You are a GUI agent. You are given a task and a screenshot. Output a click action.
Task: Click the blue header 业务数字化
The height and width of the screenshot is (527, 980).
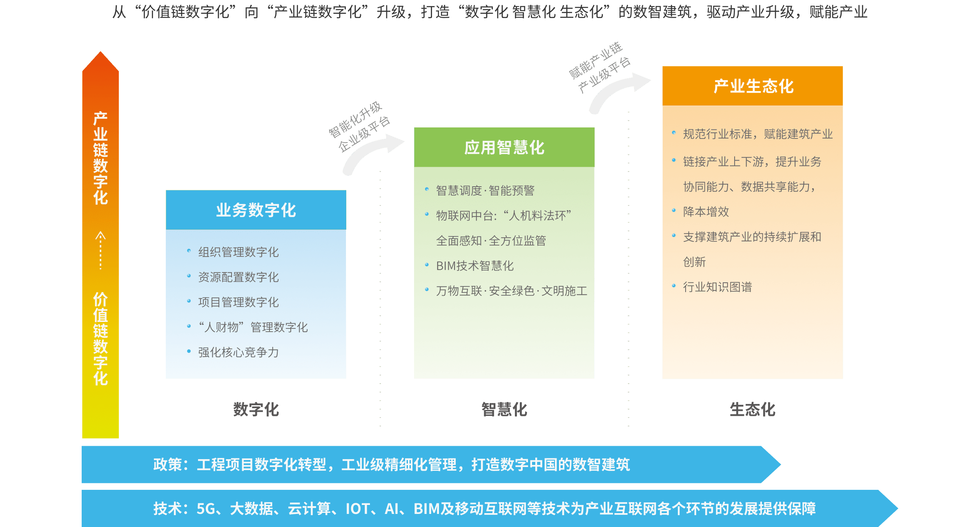coord(256,210)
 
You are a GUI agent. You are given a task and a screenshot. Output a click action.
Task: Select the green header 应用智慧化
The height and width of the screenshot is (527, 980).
coord(504,147)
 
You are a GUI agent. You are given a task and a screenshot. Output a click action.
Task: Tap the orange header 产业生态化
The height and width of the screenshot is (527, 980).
coord(753,86)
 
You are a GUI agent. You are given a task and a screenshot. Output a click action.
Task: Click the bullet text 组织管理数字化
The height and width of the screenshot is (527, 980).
coord(238,252)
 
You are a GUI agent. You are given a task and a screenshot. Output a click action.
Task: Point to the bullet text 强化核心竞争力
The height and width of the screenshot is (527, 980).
coord(238,352)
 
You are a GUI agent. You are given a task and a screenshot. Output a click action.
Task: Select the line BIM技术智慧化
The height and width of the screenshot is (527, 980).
coord(474,266)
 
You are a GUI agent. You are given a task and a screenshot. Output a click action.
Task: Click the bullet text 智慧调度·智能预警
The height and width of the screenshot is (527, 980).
coord(485,190)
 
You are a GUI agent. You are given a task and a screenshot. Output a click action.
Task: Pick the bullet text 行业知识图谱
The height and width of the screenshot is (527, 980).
coord(717,287)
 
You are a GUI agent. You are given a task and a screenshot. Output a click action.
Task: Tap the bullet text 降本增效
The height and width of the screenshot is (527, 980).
coord(706,212)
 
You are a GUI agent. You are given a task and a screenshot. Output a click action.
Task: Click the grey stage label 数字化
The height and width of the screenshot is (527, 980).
coord(256,409)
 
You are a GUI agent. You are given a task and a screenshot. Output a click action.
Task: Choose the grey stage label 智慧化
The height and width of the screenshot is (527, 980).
coord(504,409)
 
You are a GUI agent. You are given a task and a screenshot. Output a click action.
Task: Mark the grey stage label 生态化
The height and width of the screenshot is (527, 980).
coord(753,409)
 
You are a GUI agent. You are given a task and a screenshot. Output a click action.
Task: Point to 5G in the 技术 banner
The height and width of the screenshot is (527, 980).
coord(206,509)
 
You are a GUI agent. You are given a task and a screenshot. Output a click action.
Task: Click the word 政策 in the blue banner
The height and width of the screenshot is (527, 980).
coord(167,464)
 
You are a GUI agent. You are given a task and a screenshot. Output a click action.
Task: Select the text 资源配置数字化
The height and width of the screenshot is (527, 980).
coord(238,277)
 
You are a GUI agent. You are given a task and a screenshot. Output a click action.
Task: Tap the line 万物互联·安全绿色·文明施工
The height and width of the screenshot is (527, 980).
coord(512,291)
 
